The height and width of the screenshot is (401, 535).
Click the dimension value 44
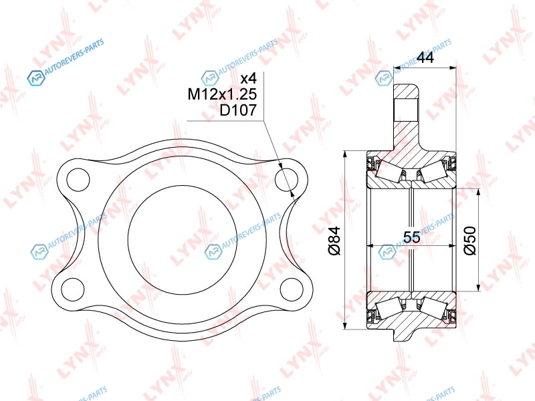[x=425, y=57]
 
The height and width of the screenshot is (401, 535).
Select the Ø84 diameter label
[x=334, y=241]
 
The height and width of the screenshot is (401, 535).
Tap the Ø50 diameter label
[x=469, y=241]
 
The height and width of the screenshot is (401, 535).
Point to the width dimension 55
[x=412, y=237]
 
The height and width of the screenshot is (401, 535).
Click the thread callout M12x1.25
[x=222, y=94]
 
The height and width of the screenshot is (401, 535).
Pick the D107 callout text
[x=238, y=110]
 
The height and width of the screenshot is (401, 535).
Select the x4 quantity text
[x=248, y=78]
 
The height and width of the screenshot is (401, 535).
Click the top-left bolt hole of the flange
[x=78, y=179]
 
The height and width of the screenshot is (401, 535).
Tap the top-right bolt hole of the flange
[x=286, y=179]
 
